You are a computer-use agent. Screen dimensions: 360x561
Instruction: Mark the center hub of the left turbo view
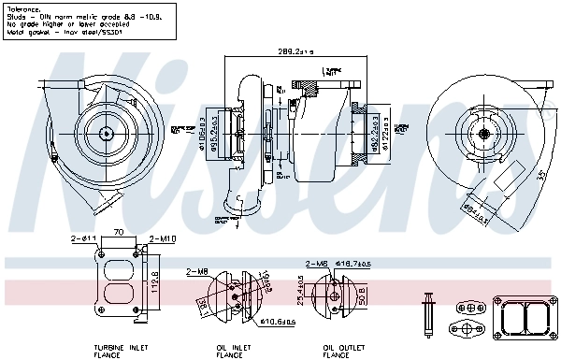106,134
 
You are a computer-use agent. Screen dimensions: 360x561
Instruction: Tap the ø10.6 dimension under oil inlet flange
278,322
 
